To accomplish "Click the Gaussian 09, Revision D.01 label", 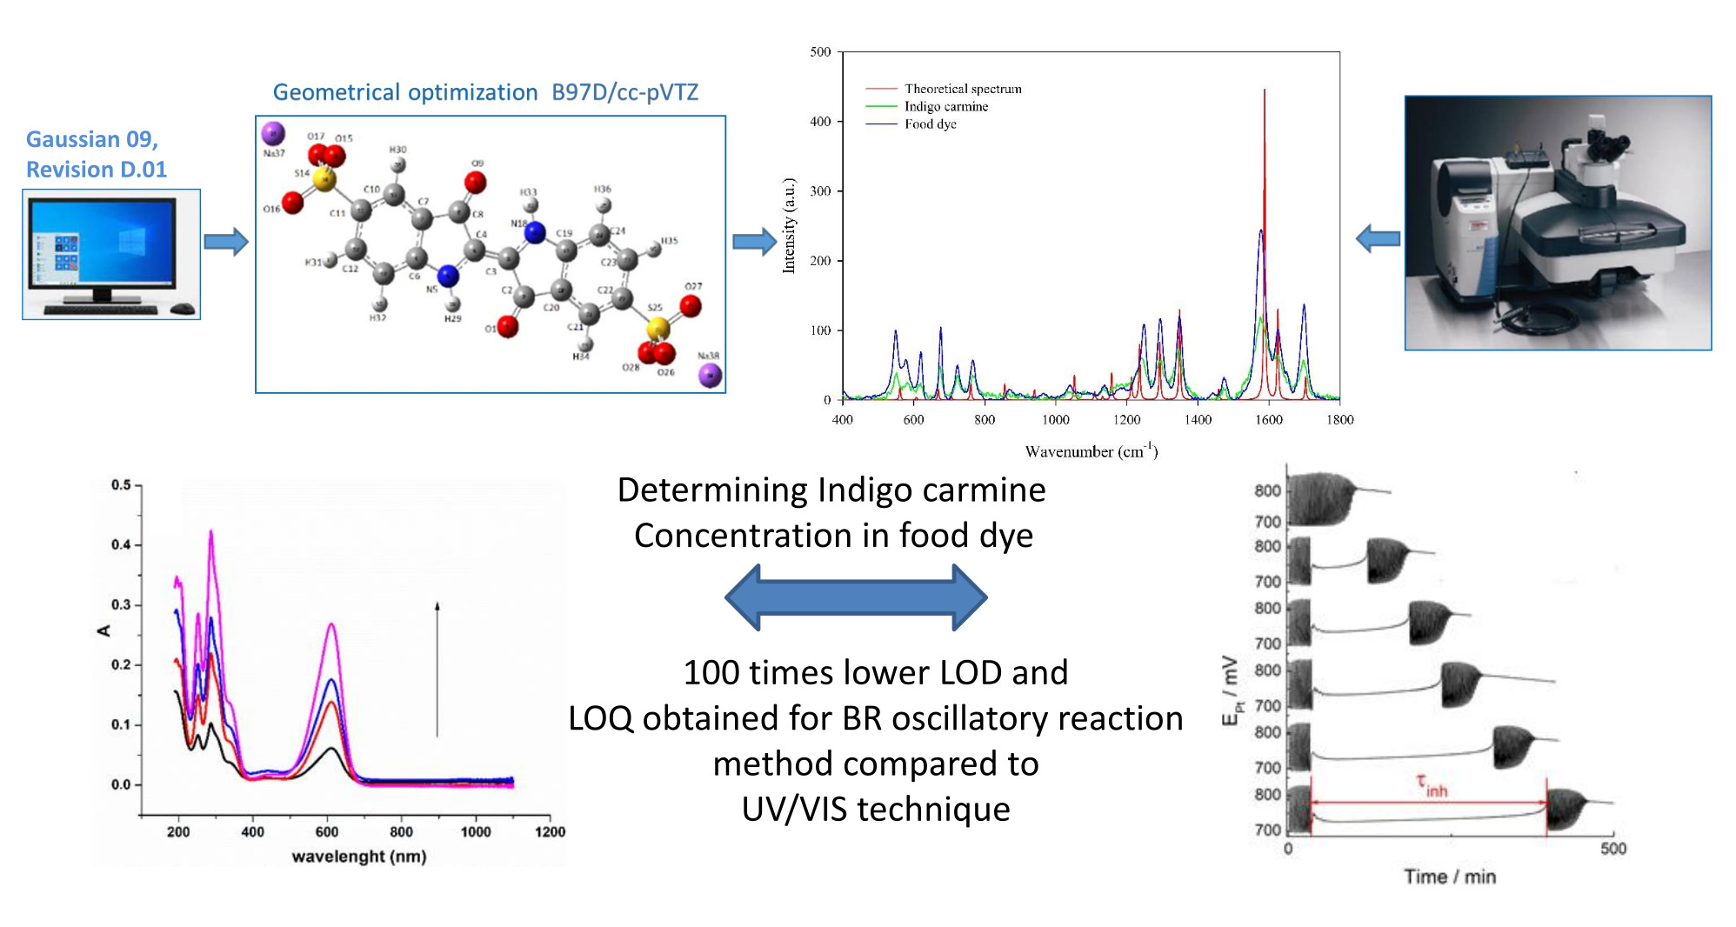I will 96,154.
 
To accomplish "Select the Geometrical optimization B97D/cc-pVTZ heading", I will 485,92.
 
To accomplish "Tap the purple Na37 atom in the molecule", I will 273,133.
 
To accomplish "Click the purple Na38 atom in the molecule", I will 711,375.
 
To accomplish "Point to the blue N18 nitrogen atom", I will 535,232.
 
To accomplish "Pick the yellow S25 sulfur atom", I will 658,328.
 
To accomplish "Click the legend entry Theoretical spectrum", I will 962,89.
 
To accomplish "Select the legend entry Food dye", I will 930,124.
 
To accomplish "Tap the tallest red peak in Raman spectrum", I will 1265,91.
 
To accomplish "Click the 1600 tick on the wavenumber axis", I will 1268,420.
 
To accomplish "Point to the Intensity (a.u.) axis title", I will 789,226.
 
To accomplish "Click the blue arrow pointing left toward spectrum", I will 1378,238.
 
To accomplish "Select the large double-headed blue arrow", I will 856,597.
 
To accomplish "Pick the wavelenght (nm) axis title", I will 358,857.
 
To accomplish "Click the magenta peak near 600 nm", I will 331,624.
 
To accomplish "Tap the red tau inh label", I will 1432,786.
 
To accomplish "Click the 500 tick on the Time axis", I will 1612,849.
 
